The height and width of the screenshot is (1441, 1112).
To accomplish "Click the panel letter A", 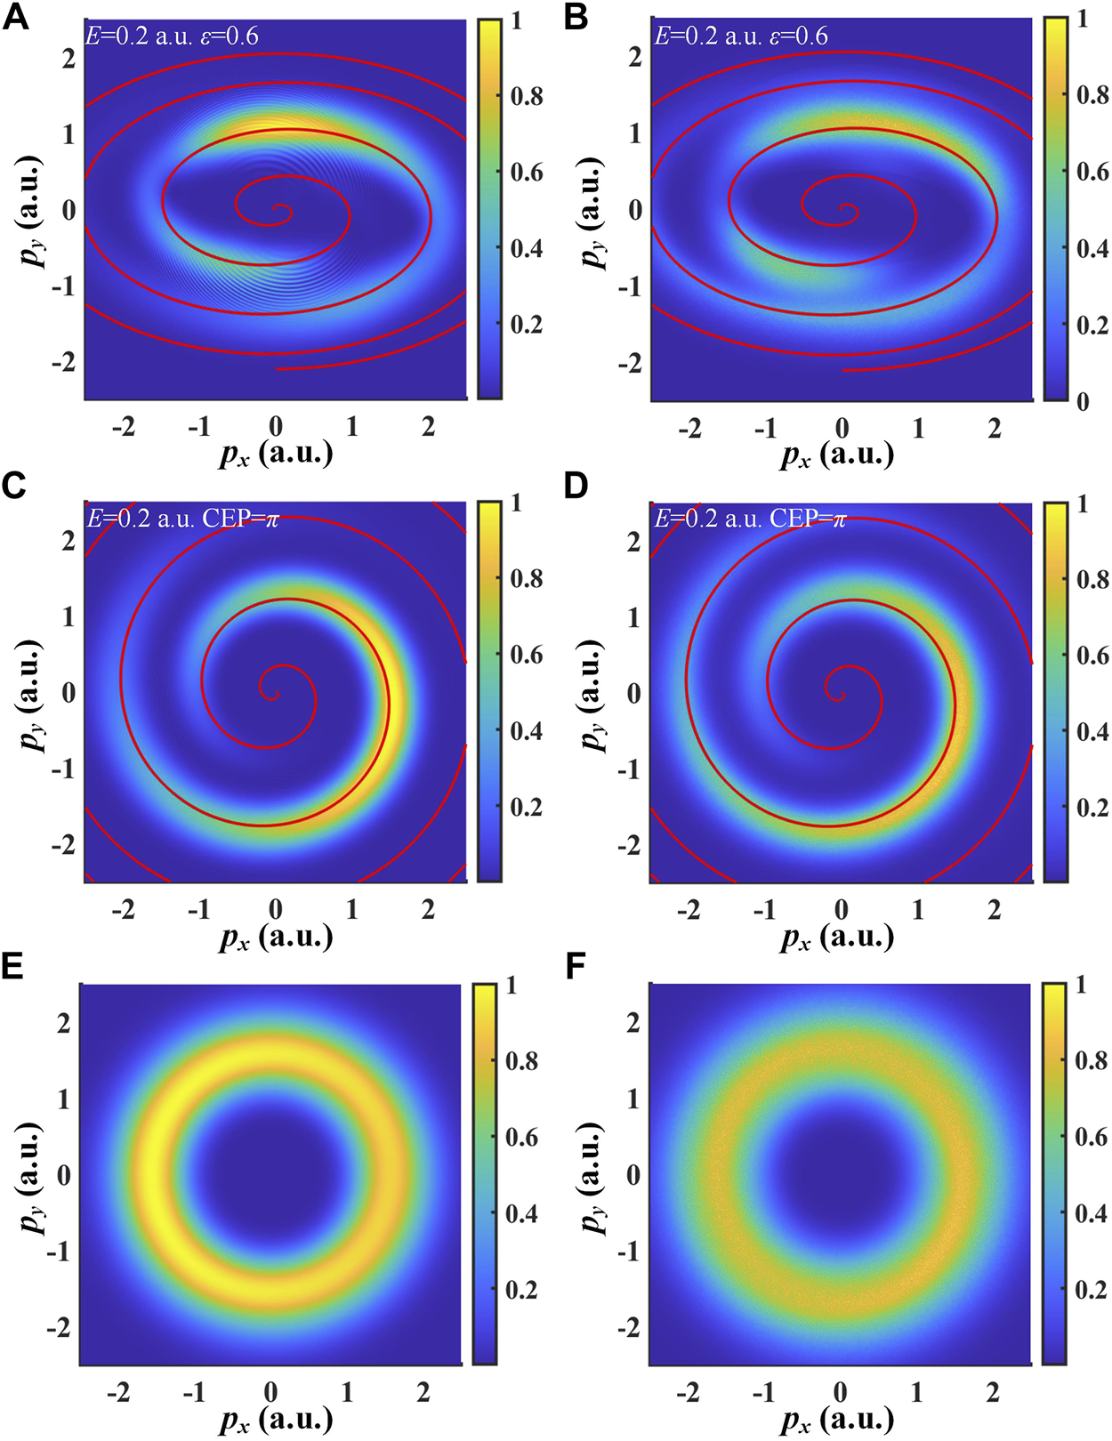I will pos(15,17).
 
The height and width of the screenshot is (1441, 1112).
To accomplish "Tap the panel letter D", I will pos(576,487).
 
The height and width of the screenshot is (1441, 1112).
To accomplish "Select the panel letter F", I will pos(576,968).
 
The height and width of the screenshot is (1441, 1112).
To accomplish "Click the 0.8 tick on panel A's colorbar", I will pos(526,96).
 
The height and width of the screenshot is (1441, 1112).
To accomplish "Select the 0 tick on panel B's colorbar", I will pos(1082,401).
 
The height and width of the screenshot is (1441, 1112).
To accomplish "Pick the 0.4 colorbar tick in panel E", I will pos(521,1213).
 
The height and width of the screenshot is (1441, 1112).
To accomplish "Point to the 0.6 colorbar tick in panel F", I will pos(1091,1137).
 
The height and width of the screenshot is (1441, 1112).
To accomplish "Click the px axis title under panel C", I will pos(276,938).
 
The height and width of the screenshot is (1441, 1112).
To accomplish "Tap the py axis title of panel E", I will pos(32,1176).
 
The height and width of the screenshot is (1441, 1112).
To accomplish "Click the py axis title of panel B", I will pos(593,212).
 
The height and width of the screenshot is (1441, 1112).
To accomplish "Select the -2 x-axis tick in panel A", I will pos(124,428).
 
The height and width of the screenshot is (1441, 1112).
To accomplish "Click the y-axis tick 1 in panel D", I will pos(634,616).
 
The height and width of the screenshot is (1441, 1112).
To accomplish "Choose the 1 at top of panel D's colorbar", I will pos(1080,503).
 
